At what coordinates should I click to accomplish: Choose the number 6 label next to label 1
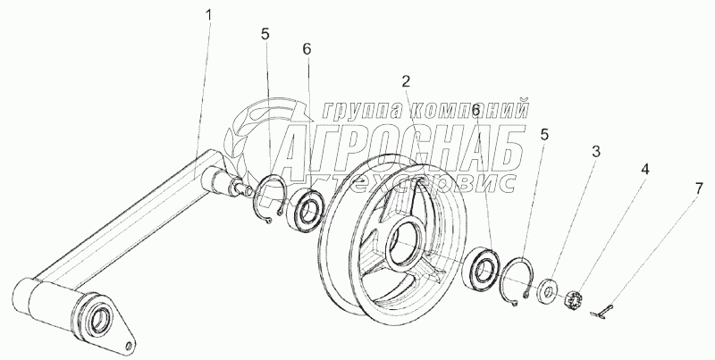click(307, 48)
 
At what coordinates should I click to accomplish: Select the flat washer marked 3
click(545, 292)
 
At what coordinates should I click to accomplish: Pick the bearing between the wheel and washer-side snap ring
click(484, 266)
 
